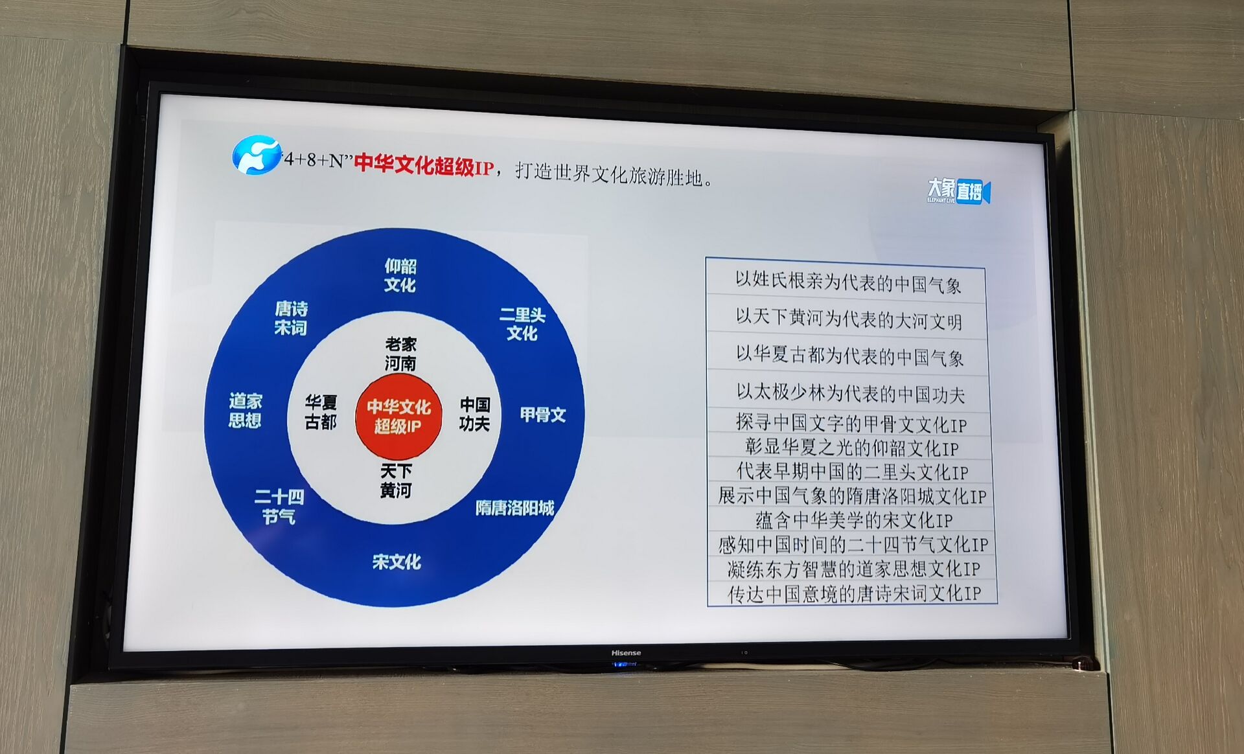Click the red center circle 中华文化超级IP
coord(398,416)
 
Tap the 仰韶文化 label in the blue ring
coord(400,275)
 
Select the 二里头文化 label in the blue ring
coord(522,324)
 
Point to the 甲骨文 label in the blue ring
coord(543,415)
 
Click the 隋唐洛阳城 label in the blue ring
coord(515,508)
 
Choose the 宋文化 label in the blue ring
coord(397,562)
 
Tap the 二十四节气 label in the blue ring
coord(279,507)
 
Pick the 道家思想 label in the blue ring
coord(245,411)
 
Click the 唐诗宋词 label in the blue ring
coord(291,318)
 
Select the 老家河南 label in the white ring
coord(400,354)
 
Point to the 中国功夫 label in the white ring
coord(475,415)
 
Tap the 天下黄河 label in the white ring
coord(396,481)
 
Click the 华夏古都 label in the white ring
coord(321,413)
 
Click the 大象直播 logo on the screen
coord(958,191)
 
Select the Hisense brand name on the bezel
coord(626,653)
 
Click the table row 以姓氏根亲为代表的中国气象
coord(847,283)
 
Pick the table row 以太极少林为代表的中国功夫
coord(849,393)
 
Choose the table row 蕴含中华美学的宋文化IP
coord(853,520)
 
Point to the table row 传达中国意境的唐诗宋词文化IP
coord(854,593)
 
